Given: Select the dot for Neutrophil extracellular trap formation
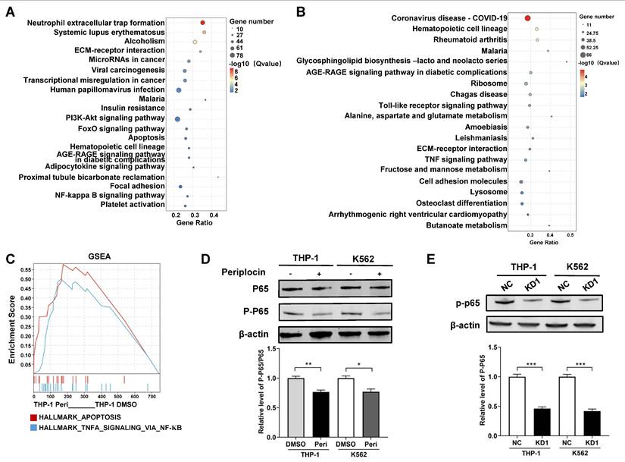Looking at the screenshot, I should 204,24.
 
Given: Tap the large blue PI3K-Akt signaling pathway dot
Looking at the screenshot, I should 177,119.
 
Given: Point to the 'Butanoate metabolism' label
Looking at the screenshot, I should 470,225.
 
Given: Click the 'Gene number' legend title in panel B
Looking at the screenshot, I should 598,14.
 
